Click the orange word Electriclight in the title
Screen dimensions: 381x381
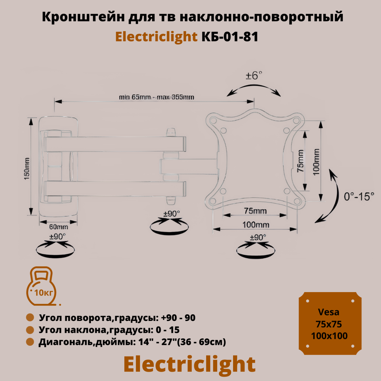pyautogui.click(x=156, y=37)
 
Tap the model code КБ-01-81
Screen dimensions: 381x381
pyautogui.click(x=230, y=37)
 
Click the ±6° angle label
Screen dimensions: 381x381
pyautogui.click(x=253, y=76)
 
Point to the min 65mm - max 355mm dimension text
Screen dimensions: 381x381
pyautogui.click(x=156, y=97)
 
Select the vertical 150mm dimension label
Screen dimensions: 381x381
pyautogui.click(x=27, y=169)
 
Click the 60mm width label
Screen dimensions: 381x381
pyautogui.click(x=58, y=227)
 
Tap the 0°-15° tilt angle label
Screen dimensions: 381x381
pyautogui.click(x=359, y=197)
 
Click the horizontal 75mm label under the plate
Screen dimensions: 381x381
pyautogui.click(x=255, y=211)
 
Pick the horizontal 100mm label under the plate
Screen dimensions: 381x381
pyautogui.click(x=256, y=225)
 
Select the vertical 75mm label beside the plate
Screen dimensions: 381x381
pyautogui.click(x=300, y=161)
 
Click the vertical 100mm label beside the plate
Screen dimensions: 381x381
pyautogui.click(x=316, y=162)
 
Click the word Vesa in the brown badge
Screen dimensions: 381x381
pyautogui.click(x=329, y=312)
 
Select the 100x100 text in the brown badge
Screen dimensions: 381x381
pyautogui.click(x=329, y=336)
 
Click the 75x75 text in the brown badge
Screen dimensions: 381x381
pyautogui.click(x=329, y=324)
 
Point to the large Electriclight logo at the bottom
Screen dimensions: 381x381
pyautogui.click(x=189, y=365)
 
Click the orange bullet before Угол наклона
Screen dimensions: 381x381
pyautogui.click(x=30, y=330)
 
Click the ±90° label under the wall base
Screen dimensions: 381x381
pyautogui.click(x=57, y=236)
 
